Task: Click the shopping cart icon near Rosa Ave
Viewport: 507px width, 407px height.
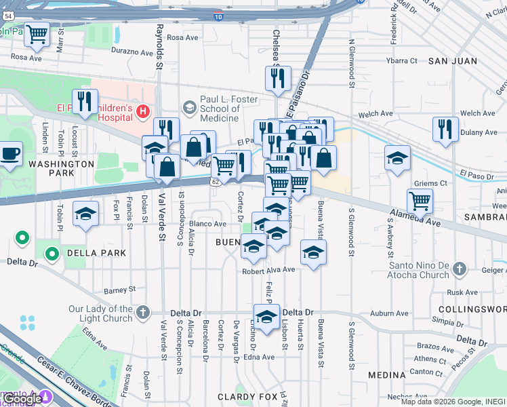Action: click(37, 34)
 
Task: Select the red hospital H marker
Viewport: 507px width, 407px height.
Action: click(142, 111)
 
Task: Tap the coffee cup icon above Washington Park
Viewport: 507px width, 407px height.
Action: click(9, 153)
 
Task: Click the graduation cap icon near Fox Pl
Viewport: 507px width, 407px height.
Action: click(85, 214)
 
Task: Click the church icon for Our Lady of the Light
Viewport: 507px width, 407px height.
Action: click(142, 313)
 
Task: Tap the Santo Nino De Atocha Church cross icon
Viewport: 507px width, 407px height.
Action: click(460, 269)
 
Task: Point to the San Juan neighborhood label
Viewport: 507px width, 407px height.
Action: click(448, 61)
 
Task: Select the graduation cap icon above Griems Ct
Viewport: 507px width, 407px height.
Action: click(397, 159)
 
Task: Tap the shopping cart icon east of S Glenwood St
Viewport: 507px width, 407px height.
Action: click(420, 201)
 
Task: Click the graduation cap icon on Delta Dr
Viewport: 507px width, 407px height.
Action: click(266, 316)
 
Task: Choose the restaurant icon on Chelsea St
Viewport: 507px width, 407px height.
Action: click(278, 79)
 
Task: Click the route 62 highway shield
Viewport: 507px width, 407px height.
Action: click(214, 182)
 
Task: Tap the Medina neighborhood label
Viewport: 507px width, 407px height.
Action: click(386, 375)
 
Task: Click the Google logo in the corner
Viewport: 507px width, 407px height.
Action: click(22, 399)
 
